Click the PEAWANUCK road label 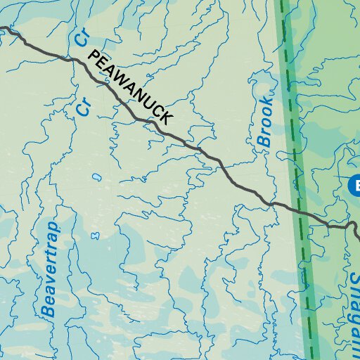(130, 88)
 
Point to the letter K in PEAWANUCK (165, 119)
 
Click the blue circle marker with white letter (355, 186)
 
